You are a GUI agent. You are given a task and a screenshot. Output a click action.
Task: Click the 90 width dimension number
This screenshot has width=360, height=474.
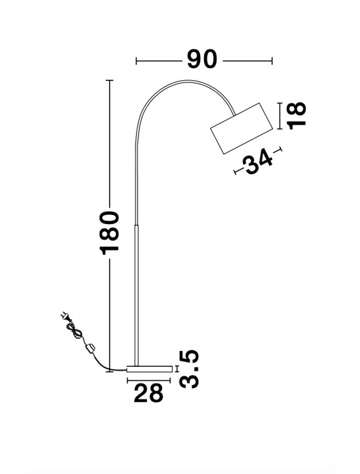coord(202,59)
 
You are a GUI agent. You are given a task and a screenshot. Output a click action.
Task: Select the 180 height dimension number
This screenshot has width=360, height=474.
coord(110,232)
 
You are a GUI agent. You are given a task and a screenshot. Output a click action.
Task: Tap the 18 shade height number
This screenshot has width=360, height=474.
coord(297,115)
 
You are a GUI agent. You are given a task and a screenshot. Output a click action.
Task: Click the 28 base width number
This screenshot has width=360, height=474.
coord(148,394)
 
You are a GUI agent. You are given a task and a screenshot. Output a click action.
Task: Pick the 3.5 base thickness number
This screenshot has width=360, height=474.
coord(189,369)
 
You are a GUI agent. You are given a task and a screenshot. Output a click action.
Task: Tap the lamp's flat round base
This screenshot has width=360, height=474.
coord(150,368)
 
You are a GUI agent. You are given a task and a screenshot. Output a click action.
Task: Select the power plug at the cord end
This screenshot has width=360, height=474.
coord(66,318)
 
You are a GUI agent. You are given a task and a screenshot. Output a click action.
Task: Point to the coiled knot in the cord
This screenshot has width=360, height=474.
coord(74,331)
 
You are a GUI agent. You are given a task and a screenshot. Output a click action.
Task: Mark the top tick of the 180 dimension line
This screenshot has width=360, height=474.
coord(110,81)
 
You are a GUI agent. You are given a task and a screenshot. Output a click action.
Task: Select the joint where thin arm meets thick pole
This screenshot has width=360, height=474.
coord(137,225)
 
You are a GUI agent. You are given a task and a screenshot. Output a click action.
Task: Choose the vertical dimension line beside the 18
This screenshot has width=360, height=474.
coord(280,116)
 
